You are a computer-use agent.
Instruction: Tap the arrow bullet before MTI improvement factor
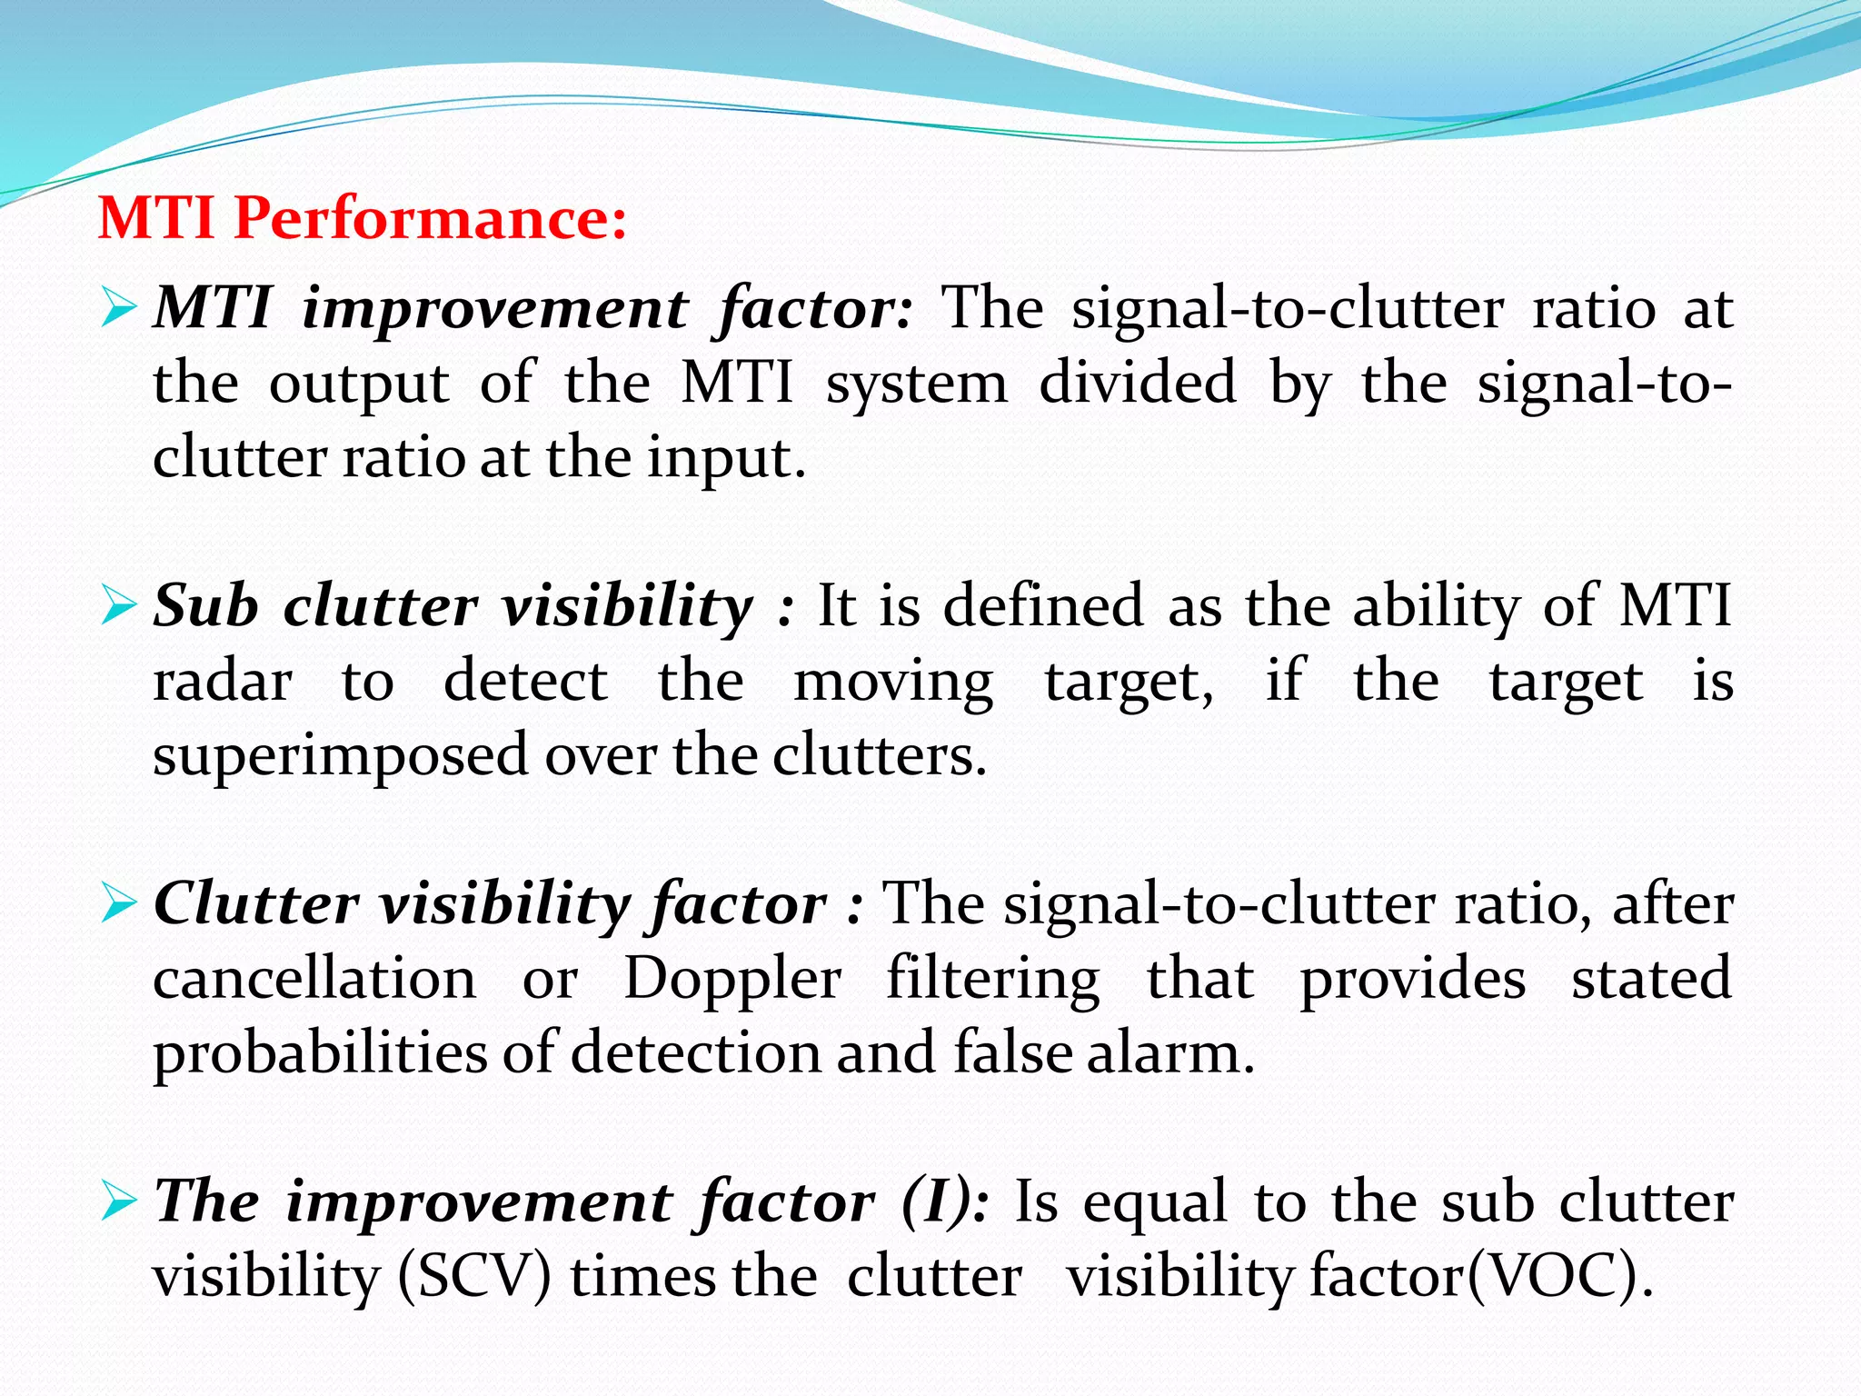119,307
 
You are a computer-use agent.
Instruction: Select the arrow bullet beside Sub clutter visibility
119,605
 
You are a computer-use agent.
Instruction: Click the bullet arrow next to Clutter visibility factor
119,903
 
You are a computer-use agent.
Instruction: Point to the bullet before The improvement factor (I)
119,1202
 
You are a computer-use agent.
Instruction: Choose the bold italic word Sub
205,605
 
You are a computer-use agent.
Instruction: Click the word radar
223,682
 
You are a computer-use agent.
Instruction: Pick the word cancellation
314,980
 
